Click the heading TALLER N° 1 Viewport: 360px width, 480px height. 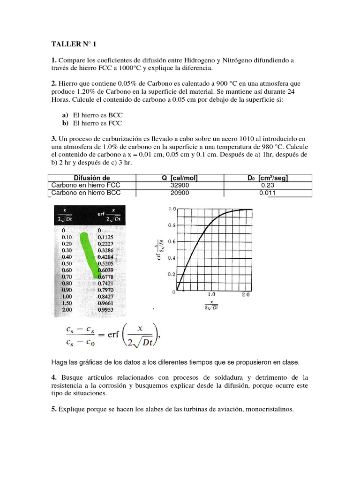73,45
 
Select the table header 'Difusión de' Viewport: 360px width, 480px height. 92,178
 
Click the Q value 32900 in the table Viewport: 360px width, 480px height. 180,185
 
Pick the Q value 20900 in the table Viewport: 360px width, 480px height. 180,193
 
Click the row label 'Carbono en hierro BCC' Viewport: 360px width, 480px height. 86,193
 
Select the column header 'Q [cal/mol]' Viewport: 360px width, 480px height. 180,178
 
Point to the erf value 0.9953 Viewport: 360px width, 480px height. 105,310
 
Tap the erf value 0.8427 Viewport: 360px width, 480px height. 105,297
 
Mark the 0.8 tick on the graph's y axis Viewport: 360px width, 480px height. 172,225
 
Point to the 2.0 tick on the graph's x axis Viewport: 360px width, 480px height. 245,295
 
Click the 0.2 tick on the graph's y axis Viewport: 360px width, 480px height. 172,274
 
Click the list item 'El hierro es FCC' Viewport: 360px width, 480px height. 97,123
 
